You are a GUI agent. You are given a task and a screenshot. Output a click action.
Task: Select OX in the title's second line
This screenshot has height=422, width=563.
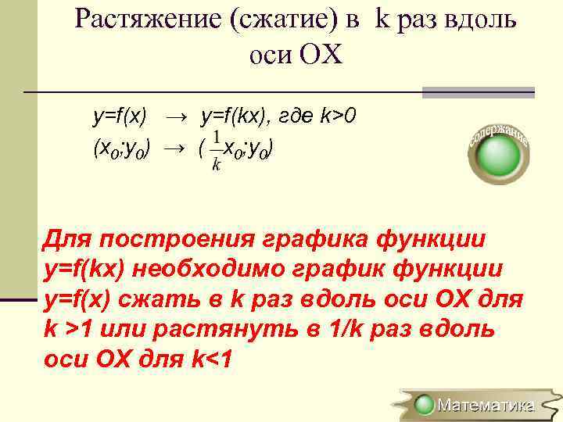325,56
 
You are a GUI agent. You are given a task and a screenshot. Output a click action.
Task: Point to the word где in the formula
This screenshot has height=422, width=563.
296,117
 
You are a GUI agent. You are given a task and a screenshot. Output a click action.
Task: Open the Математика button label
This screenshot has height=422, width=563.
485,405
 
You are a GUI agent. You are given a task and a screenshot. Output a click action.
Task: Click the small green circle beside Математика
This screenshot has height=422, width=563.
425,405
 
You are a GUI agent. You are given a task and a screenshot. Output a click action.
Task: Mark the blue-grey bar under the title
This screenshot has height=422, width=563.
478,92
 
